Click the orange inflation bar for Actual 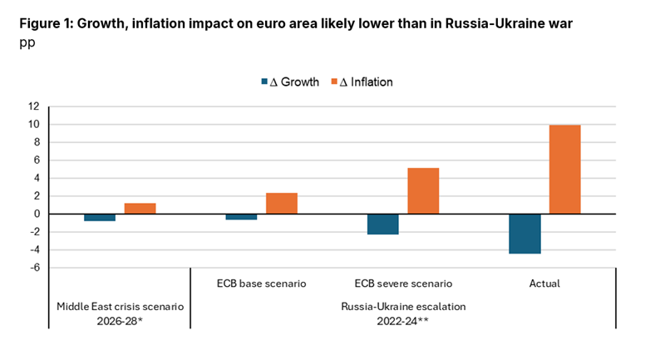pyautogui.click(x=564, y=170)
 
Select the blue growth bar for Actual pyautogui.click(x=525, y=234)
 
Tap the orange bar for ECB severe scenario pyautogui.click(x=423, y=190)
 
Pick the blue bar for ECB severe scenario pyautogui.click(x=383, y=224)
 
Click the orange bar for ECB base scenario pyautogui.click(x=282, y=204)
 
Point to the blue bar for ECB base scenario pyautogui.click(x=242, y=217)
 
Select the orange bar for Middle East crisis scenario pyautogui.click(x=140, y=209)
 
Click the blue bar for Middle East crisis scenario pyautogui.click(x=100, y=218)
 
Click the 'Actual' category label pyautogui.click(x=544, y=284)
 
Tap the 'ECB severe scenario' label pyautogui.click(x=403, y=284)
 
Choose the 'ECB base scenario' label pyautogui.click(x=261, y=284)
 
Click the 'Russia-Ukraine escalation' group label pyautogui.click(x=403, y=306)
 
